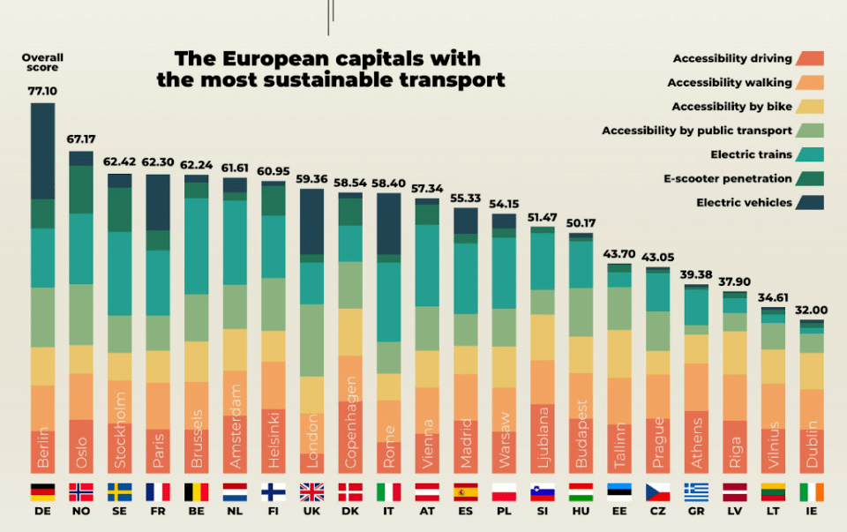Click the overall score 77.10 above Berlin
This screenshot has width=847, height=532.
(42, 91)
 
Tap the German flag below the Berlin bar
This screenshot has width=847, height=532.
(42, 491)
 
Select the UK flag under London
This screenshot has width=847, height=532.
(311, 491)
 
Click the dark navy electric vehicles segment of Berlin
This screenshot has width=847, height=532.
(42, 151)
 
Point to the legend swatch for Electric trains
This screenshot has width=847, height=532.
(809, 154)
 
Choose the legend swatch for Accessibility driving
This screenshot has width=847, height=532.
(809, 59)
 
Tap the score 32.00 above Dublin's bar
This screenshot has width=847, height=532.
(811, 310)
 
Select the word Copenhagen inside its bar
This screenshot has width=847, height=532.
(350, 411)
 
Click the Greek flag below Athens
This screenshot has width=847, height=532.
(695, 491)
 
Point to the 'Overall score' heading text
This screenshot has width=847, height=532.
(42, 63)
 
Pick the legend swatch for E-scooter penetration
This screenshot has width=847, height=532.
(809, 178)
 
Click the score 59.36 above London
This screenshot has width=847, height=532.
(311, 179)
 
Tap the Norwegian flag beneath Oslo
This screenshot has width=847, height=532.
(81, 491)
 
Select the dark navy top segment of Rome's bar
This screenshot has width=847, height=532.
(388, 223)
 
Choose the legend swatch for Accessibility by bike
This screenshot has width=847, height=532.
(809, 107)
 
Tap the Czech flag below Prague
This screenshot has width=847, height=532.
(657, 491)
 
